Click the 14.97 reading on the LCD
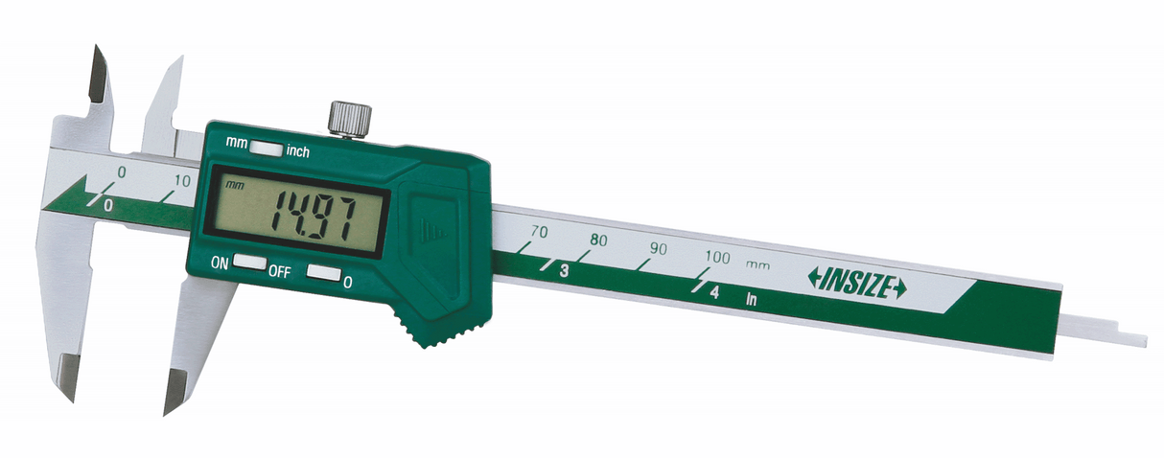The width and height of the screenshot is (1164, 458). click(x=314, y=218)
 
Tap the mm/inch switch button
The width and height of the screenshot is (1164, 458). click(x=266, y=149)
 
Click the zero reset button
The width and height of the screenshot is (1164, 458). click(x=323, y=273)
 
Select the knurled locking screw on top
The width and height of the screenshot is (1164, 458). click(x=349, y=119)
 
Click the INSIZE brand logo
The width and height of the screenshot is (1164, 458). click(x=857, y=284)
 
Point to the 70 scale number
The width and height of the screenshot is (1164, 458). click(x=539, y=232)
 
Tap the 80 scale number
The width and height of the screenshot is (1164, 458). click(x=598, y=240)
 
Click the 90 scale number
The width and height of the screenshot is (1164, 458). click(x=659, y=249)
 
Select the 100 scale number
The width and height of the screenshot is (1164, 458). click(x=717, y=257)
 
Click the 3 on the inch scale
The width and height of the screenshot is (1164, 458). click(x=565, y=270)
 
